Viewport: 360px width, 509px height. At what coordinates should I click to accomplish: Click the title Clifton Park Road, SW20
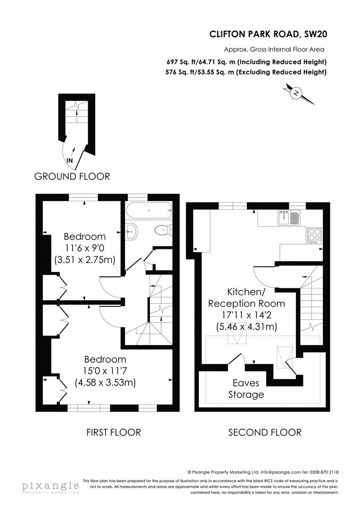coord(268,34)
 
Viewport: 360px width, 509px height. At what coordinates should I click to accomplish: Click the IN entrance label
coord(70,160)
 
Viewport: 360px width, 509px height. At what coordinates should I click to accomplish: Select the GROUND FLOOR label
coord(72,176)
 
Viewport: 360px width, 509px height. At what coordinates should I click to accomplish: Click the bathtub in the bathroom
coord(148,211)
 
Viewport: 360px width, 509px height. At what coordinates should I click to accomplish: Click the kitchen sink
coord(288,218)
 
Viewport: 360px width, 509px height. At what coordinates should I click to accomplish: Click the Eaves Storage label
coord(246,388)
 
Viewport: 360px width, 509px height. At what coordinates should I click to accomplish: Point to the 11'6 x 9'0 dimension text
coord(85,248)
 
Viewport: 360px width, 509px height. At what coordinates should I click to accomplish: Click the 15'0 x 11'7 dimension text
coord(105,370)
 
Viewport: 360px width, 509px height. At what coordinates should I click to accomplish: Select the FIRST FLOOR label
coord(114,432)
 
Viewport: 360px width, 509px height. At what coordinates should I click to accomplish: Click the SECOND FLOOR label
coord(265,432)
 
